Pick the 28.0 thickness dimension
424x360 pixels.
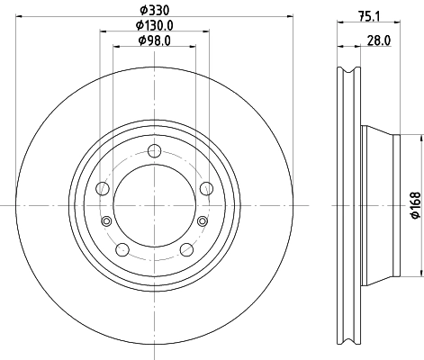379,40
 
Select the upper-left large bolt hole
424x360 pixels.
103,188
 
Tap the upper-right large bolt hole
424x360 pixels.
207,187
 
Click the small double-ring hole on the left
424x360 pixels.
107,221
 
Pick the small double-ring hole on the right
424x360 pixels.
202,221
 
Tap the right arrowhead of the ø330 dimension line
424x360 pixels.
290,17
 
